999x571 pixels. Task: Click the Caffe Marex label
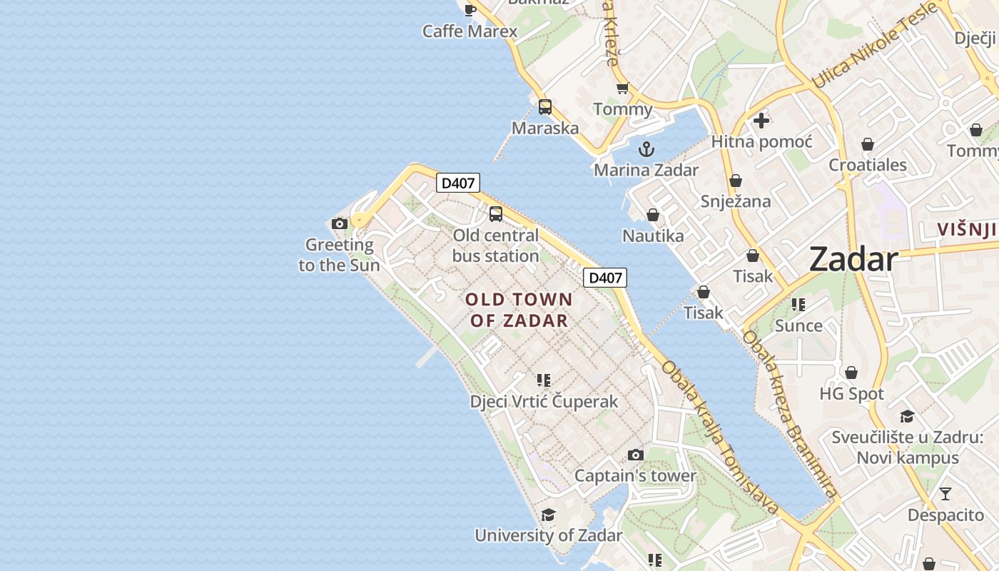coord(470,31)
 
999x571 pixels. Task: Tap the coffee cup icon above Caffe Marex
coord(470,9)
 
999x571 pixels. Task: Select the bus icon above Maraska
coord(545,107)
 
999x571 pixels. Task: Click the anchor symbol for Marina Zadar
coord(646,149)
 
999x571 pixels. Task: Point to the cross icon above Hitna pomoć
coord(761,121)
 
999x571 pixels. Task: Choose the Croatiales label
coord(867,165)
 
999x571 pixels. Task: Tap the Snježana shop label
coord(735,201)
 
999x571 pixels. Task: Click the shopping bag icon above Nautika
coord(652,215)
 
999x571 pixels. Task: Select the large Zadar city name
coord(853,260)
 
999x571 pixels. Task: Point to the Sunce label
coord(798,326)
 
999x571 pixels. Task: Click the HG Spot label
coord(851,394)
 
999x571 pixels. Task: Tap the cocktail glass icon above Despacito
coord(945,494)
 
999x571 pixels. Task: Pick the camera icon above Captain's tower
coord(635,455)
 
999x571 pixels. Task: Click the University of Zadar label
coord(548,535)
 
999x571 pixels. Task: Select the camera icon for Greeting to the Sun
coord(340,223)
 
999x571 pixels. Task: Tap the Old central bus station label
coord(496,246)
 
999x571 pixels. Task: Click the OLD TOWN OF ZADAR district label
coord(519,310)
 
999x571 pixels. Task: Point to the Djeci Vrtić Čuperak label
coord(544,402)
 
